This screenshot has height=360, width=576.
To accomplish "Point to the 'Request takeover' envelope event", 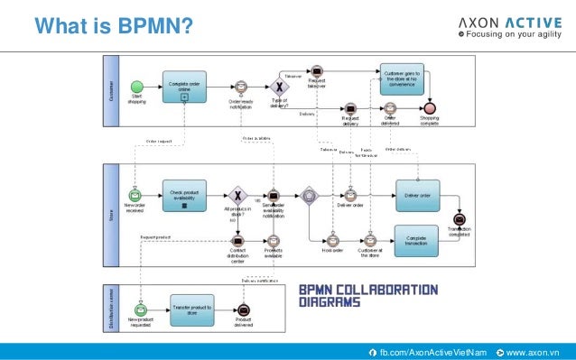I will tap(317, 70).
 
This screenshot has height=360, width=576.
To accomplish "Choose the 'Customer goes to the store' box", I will tap(400, 78).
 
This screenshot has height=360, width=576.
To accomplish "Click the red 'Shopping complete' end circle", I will tap(430, 107).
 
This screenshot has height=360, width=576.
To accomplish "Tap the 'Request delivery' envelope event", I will tap(349, 107).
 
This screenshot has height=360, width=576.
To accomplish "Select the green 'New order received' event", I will tap(135, 196).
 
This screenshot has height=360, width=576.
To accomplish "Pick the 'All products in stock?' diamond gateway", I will tap(237, 195).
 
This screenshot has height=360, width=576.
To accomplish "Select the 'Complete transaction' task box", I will tap(416, 240).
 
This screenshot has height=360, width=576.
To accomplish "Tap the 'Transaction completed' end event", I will tap(460, 219).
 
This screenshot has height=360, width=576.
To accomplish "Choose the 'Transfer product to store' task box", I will tap(191, 309).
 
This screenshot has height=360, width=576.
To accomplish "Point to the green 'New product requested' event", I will tap(140, 309).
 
